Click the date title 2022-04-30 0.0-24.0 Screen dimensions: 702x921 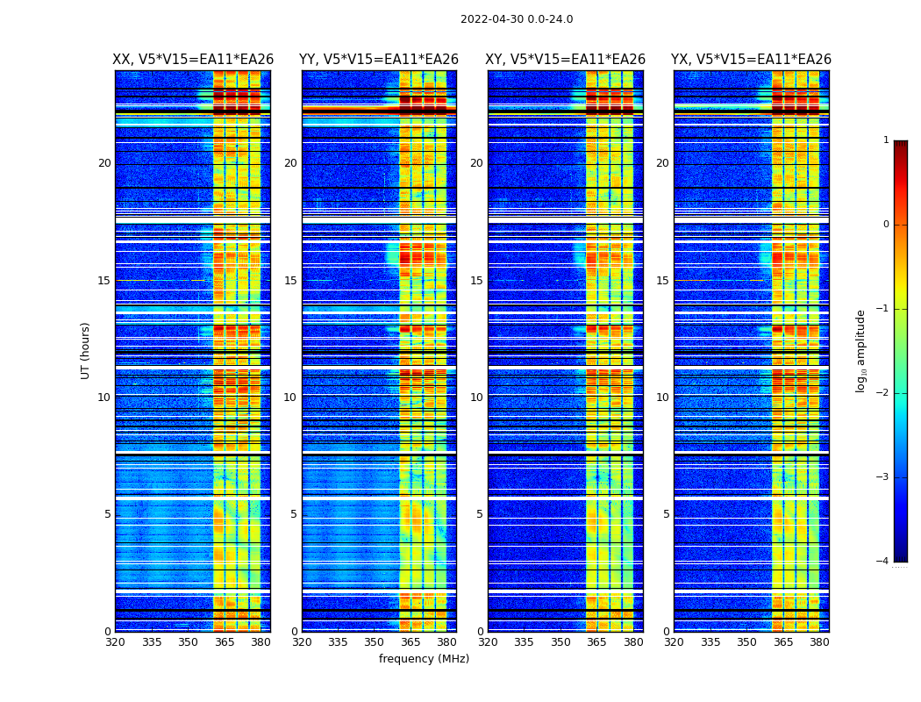pos(517,19)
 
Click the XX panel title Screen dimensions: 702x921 pos(193,60)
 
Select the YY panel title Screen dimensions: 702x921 pos(379,60)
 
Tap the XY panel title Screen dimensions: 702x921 pos(566,60)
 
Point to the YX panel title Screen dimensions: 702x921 pos(752,60)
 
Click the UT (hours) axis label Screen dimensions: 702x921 pos(86,350)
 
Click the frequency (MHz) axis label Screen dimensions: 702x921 pos(424,659)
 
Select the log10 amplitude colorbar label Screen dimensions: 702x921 pos(861,350)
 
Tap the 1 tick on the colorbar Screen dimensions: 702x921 pos(885,140)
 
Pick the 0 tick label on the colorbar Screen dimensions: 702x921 pos(885,225)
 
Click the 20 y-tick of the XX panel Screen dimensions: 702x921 pos(104,163)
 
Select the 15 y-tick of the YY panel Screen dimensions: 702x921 pos(290,281)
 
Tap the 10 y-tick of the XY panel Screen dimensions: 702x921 pos(476,398)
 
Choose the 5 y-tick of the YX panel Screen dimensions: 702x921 pos(666,514)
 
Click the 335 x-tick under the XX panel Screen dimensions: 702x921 pos(152,642)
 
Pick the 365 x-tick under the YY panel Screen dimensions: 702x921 pos(411,642)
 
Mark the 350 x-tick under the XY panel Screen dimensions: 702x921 pos(560,642)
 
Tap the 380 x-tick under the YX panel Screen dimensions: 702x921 pos(819,642)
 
